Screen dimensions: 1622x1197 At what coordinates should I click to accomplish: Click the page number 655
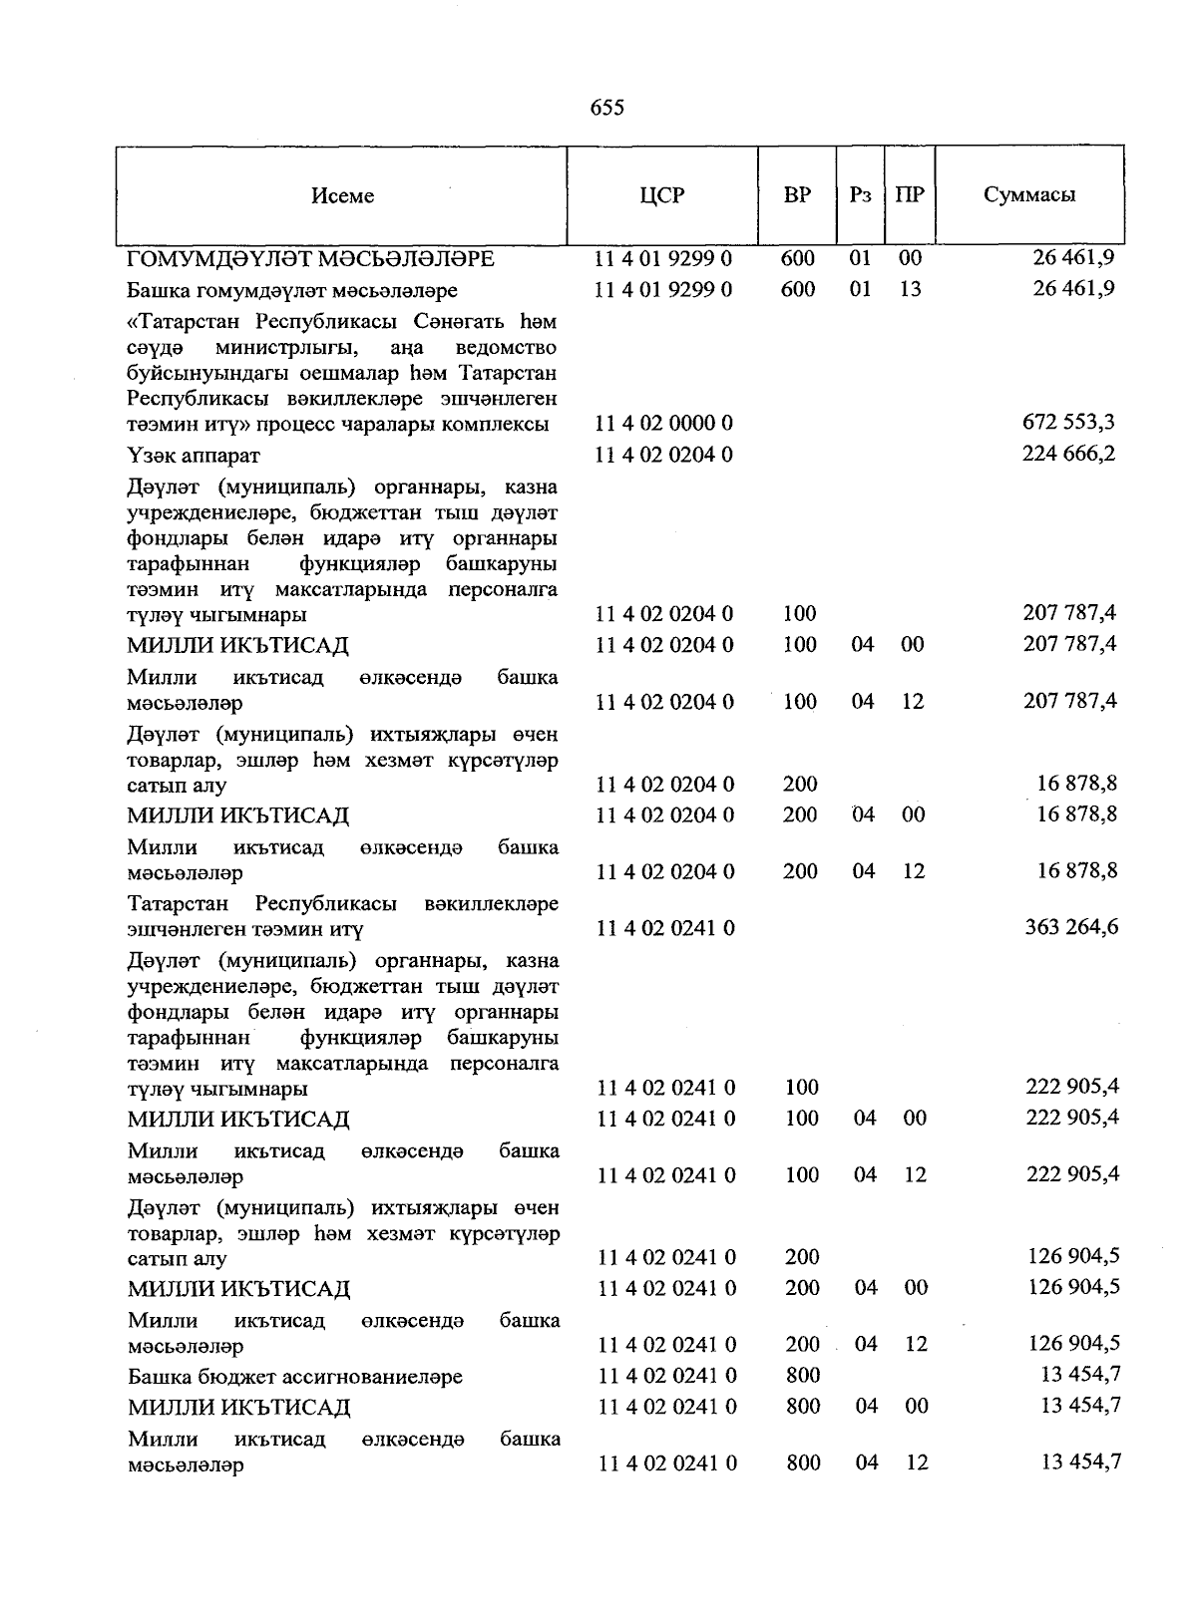[606, 108]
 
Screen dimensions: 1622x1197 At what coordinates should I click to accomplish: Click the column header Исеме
[342, 196]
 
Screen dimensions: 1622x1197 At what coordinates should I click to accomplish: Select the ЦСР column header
[662, 195]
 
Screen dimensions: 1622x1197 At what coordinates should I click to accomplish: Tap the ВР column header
[797, 195]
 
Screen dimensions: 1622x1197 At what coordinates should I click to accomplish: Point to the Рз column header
[860, 195]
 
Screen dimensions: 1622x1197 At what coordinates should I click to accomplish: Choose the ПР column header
[909, 195]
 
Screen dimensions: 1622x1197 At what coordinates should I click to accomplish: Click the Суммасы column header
[1029, 195]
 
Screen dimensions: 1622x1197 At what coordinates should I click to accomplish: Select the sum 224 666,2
[1068, 455]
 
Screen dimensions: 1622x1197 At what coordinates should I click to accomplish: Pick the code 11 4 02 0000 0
[663, 424]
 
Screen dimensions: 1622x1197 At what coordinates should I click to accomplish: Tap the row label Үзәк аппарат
[194, 456]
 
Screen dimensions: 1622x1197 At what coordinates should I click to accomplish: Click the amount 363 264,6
[1071, 927]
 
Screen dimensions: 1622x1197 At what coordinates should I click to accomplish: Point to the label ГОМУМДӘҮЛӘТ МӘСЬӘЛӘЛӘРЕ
[311, 259]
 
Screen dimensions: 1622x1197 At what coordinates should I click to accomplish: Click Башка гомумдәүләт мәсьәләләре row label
[292, 291]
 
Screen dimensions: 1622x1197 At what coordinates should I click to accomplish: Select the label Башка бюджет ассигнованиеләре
[295, 1377]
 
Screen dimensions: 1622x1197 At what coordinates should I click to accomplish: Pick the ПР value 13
[910, 289]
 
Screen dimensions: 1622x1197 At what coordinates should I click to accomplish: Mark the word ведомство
[506, 348]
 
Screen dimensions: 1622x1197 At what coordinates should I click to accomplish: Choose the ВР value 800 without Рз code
[802, 1376]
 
